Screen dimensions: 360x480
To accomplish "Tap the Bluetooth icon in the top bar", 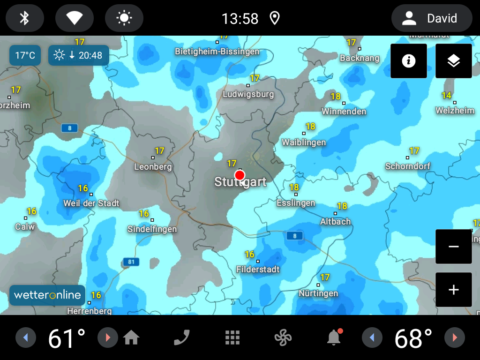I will (25, 18).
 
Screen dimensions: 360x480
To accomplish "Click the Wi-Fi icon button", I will (74, 18).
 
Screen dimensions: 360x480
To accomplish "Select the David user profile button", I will (431, 18).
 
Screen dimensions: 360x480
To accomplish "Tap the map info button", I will (409, 61).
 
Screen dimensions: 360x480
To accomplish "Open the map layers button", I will (453, 61).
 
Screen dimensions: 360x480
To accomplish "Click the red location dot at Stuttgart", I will (240, 175).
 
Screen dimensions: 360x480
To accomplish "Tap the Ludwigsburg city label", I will (248, 94).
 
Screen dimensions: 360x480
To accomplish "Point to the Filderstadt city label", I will (258, 270).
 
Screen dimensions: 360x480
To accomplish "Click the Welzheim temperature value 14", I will (446, 96).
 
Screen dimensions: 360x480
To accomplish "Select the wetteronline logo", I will (47, 295).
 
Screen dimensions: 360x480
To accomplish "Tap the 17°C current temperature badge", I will (25, 55).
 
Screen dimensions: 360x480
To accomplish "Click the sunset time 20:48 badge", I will (79, 55).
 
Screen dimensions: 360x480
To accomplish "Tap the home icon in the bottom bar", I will (131, 337).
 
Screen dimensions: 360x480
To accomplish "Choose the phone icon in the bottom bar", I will (182, 337).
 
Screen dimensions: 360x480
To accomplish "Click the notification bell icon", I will (334, 337).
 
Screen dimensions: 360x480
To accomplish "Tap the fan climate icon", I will (283, 337).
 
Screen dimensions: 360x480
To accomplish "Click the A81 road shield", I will (131, 262).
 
